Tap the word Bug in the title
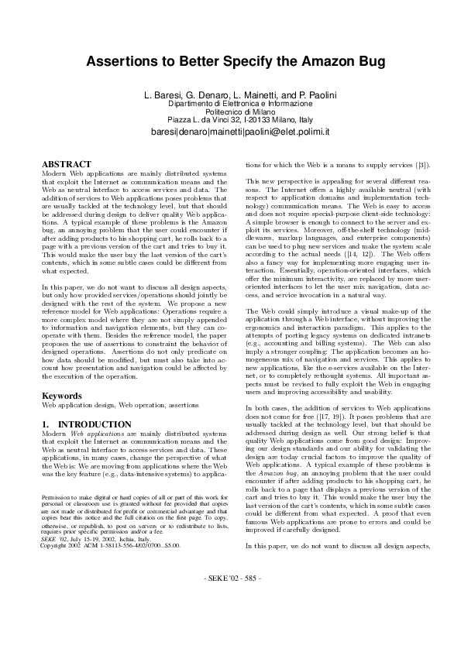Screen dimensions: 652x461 pos(360,61)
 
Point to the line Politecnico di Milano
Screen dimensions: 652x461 pos(230,112)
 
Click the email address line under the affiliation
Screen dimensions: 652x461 pos(230,132)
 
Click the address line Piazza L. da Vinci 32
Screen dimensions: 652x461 pos(230,120)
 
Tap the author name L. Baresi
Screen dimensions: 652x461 pos(163,94)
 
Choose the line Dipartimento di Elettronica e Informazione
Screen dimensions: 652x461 pos(230,103)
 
